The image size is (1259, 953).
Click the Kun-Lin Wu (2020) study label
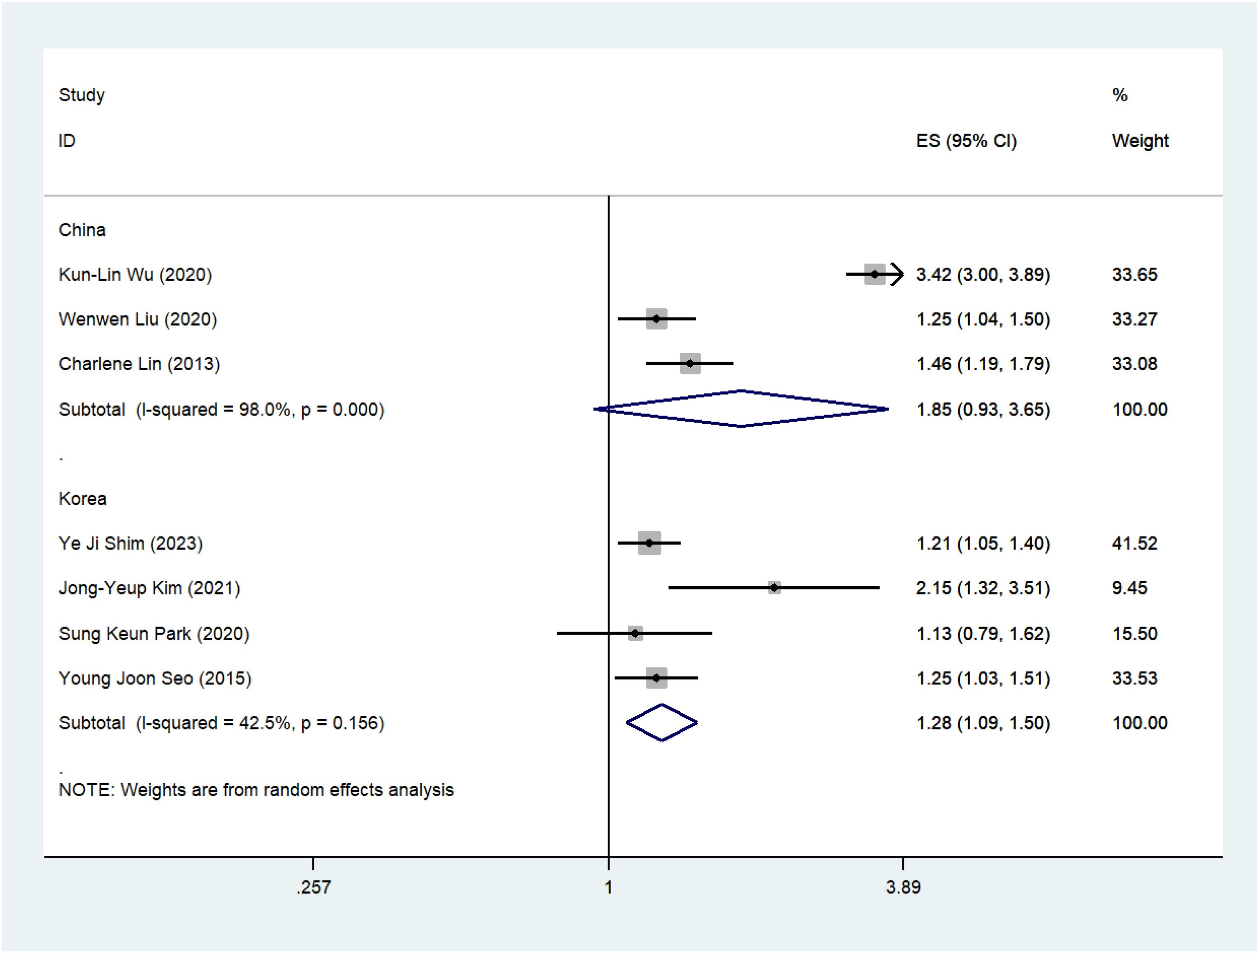[x=135, y=275]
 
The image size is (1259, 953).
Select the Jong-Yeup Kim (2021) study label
[x=149, y=588]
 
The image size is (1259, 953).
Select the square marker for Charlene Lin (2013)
[x=690, y=364]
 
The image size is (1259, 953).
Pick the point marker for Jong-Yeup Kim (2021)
[x=774, y=588]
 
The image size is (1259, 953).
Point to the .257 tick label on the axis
[x=313, y=887]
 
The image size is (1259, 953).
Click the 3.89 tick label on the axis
[x=903, y=887]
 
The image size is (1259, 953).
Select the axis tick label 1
[x=609, y=887]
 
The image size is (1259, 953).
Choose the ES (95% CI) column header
[x=966, y=141]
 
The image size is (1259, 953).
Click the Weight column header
[x=1140, y=141]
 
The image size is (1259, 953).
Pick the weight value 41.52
[x=1134, y=543]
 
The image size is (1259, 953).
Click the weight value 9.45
[x=1130, y=588]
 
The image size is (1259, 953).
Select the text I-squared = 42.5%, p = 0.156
[x=260, y=723]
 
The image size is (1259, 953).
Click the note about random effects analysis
[x=256, y=790]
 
